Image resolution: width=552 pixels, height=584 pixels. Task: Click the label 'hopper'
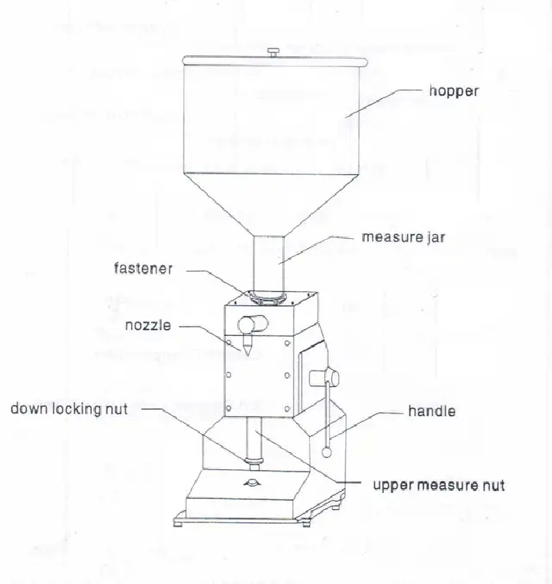pyautogui.click(x=453, y=91)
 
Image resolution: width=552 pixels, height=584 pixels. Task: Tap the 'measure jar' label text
pyautogui.click(x=403, y=237)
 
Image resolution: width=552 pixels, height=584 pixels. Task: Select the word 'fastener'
pyautogui.click(x=143, y=268)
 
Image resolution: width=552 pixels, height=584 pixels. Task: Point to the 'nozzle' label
pyautogui.click(x=148, y=325)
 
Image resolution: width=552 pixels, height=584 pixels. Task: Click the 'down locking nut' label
pyautogui.click(x=69, y=408)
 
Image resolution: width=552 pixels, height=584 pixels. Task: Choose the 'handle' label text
pyautogui.click(x=432, y=411)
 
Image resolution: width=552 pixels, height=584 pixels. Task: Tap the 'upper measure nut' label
pyautogui.click(x=439, y=485)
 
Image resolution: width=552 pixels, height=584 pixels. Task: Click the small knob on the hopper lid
pyautogui.click(x=273, y=52)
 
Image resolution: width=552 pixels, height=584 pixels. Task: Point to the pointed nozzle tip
pyautogui.click(x=247, y=352)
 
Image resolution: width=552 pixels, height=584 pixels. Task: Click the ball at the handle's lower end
pyautogui.click(x=327, y=452)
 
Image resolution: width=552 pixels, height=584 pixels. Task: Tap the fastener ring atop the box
pyautogui.click(x=268, y=298)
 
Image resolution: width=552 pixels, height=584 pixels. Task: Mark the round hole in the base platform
pyautogui.click(x=252, y=483)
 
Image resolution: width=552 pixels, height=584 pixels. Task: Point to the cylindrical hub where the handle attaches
pyautogui.click(x=324, y=379)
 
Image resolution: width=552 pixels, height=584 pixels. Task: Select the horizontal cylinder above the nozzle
pyautogui.click(x=253, y=324)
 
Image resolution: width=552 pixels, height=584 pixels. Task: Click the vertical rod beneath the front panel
pyautogui.click(x=254, y=438)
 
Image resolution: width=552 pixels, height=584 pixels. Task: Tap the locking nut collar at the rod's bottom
pyautogui.click(x=254, y=465)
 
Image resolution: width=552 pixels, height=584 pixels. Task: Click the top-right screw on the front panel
pyautogui.click(x=287, y=343)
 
